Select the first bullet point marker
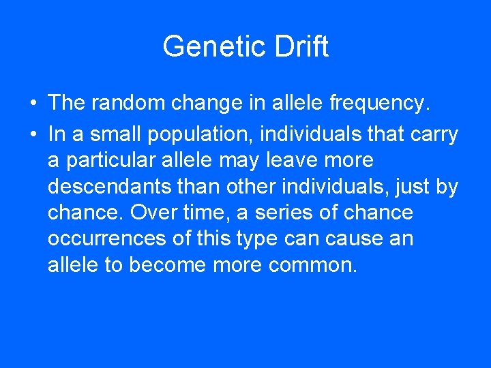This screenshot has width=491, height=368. coord(33,104)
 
